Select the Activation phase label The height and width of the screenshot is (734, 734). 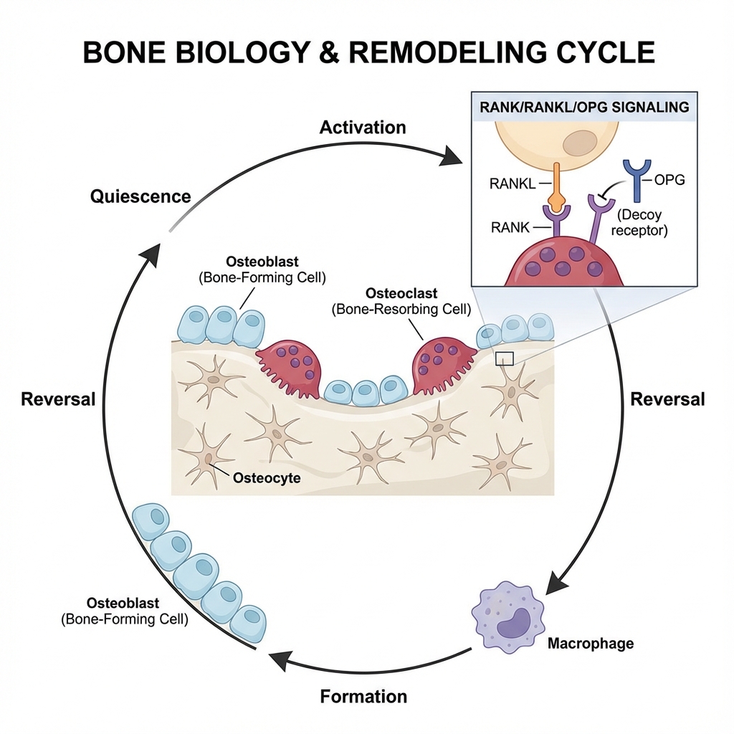363,128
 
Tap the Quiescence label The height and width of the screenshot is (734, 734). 140,196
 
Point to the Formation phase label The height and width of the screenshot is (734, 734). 363,695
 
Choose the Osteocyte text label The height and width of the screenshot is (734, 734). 267,478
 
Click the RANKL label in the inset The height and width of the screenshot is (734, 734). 513,183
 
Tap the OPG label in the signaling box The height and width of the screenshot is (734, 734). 669,179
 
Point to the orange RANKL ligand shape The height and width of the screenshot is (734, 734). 557,188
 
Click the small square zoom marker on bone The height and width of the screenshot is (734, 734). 505,358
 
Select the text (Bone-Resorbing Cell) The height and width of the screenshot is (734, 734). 401,310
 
